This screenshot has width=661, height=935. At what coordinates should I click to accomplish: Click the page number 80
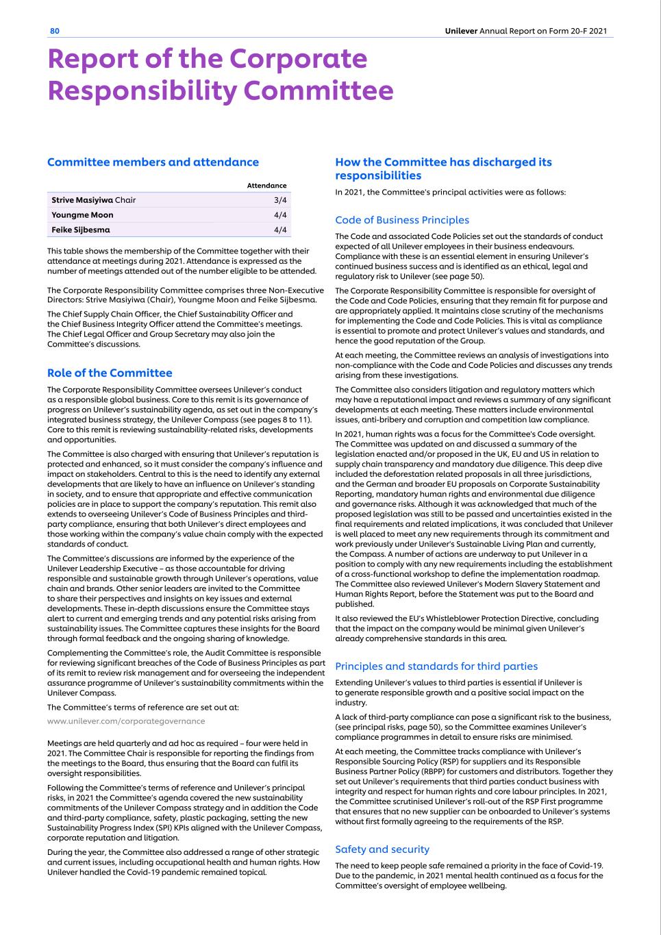point(55,31)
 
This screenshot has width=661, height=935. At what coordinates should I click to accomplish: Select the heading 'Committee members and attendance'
point(153,162)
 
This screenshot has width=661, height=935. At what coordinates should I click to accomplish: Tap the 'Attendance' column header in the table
point(266,186)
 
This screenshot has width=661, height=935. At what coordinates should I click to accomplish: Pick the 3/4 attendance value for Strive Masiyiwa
point(279,200)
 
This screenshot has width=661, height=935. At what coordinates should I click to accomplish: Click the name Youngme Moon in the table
point(82,215)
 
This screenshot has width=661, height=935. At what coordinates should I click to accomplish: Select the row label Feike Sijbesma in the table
point(81,230)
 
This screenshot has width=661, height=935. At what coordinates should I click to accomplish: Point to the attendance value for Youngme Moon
point(279,215)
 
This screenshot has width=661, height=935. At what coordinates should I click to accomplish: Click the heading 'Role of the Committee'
point(110,373)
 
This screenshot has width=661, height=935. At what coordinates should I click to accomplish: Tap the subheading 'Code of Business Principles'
point(402,221)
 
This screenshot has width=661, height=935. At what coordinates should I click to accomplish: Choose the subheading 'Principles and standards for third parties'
point(436,666)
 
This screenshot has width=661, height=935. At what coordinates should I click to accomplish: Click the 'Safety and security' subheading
point(382,849)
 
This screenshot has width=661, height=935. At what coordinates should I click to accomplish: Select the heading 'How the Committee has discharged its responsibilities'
point(443,169)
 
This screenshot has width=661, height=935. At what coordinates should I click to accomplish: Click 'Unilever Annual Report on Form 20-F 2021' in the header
point(525,31)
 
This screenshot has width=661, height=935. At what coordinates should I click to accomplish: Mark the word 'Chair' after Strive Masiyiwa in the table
point(125,200)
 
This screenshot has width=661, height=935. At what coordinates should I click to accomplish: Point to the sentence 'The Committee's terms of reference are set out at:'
point(143,708)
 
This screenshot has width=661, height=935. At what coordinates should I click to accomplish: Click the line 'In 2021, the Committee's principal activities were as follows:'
point(451,192)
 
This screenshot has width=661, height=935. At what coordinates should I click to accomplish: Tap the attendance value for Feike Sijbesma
point(279,230)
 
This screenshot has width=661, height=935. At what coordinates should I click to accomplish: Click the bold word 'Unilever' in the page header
point(460,31)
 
